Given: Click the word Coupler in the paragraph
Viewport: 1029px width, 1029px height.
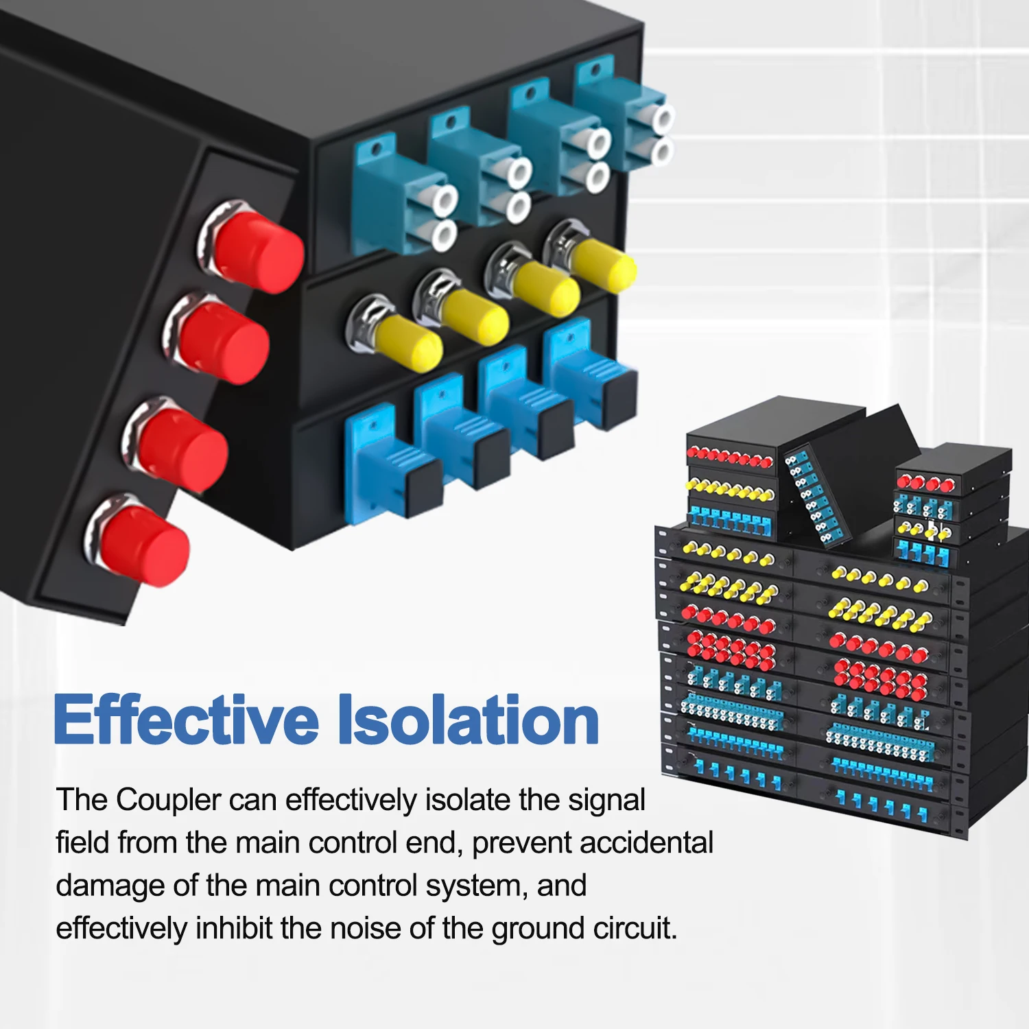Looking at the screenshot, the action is point(168,801).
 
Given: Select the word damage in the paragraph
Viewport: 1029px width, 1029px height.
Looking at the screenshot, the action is point(110,886).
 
